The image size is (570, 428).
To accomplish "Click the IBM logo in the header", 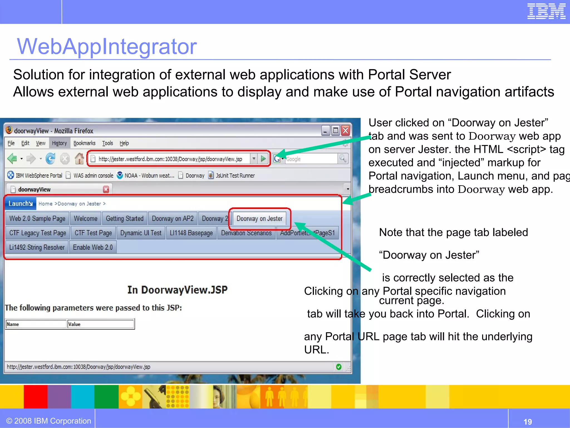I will click(546, 11).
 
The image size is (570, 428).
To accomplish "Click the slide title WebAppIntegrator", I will click(107, 46).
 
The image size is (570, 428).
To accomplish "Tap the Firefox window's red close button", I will click(345, 130).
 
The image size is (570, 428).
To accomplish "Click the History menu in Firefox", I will click(59, 143).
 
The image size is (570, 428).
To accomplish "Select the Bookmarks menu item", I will click(84, 143).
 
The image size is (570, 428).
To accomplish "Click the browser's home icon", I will click(79, 159).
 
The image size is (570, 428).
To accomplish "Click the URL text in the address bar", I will click(170, 159).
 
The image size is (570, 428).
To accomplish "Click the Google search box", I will click(311, 159).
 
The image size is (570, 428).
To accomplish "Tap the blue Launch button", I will click(20, 204).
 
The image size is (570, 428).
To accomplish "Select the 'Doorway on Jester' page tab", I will click(259, 219).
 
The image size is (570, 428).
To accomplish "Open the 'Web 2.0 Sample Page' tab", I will click(37, 219).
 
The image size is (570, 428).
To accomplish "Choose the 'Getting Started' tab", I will click(125, 219).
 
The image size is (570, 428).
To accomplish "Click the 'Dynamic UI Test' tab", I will click(141, 233).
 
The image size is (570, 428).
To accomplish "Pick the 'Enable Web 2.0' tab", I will click(93, 247).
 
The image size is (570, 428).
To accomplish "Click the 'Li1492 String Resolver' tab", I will click(37, 247).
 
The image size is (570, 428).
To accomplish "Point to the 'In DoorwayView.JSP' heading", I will click(177, 290).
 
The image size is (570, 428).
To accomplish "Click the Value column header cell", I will click(100, 324).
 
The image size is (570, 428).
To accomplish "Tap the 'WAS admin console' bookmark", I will click(93, 176).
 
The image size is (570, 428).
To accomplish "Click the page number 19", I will click(527, 422).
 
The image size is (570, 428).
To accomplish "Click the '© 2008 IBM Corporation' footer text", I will click(49, 421).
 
